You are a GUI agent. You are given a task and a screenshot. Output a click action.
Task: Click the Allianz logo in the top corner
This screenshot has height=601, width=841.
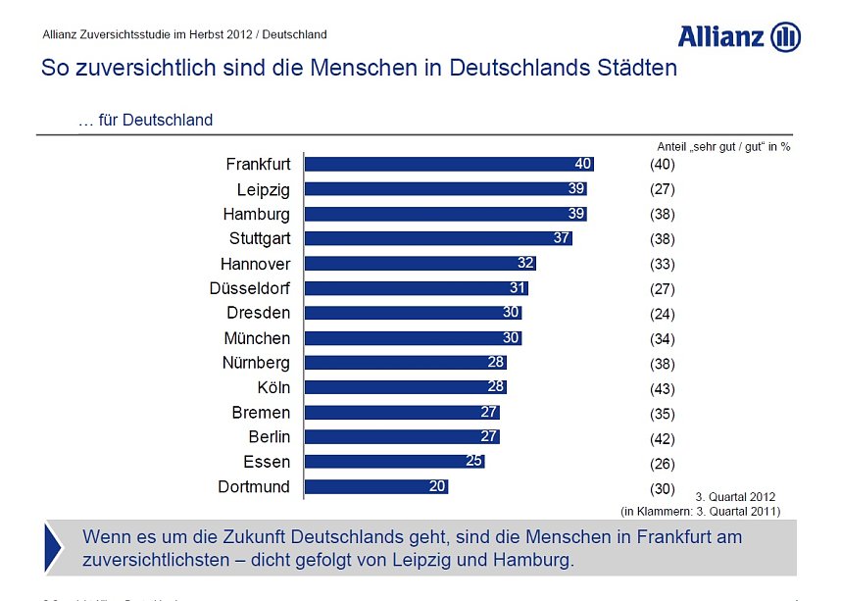point(739,37)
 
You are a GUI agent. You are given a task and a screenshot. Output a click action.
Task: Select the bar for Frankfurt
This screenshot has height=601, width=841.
point(449,164)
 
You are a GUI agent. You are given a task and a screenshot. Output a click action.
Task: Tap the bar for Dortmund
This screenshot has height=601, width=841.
point(375,486)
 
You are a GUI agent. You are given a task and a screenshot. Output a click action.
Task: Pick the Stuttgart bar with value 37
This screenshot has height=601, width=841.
point(438,238)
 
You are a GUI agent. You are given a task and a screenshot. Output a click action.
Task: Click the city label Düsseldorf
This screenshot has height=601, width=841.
point(250,288)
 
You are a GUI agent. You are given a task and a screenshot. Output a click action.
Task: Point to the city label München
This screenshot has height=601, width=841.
point(257,338)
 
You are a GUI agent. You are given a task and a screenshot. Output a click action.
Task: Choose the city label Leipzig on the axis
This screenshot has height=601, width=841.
point(264,189)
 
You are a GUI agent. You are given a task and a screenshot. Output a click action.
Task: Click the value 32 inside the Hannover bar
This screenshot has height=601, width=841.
point(525,263)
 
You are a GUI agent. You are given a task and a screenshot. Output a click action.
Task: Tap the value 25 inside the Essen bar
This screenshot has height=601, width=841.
point(473,461)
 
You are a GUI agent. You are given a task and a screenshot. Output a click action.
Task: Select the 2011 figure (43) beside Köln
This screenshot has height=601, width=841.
point(663,388)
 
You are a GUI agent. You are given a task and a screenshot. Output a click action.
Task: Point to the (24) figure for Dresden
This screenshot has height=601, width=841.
point(663,315)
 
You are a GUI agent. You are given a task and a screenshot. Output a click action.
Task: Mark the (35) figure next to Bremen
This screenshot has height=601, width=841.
point(663,414)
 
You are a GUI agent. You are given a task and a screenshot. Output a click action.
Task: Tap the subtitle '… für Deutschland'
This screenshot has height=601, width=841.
point(145,121)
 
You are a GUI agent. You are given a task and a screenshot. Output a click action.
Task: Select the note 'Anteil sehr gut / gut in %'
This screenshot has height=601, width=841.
point(723,146)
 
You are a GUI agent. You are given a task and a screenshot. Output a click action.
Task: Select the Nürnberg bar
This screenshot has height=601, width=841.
point(405,363)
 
